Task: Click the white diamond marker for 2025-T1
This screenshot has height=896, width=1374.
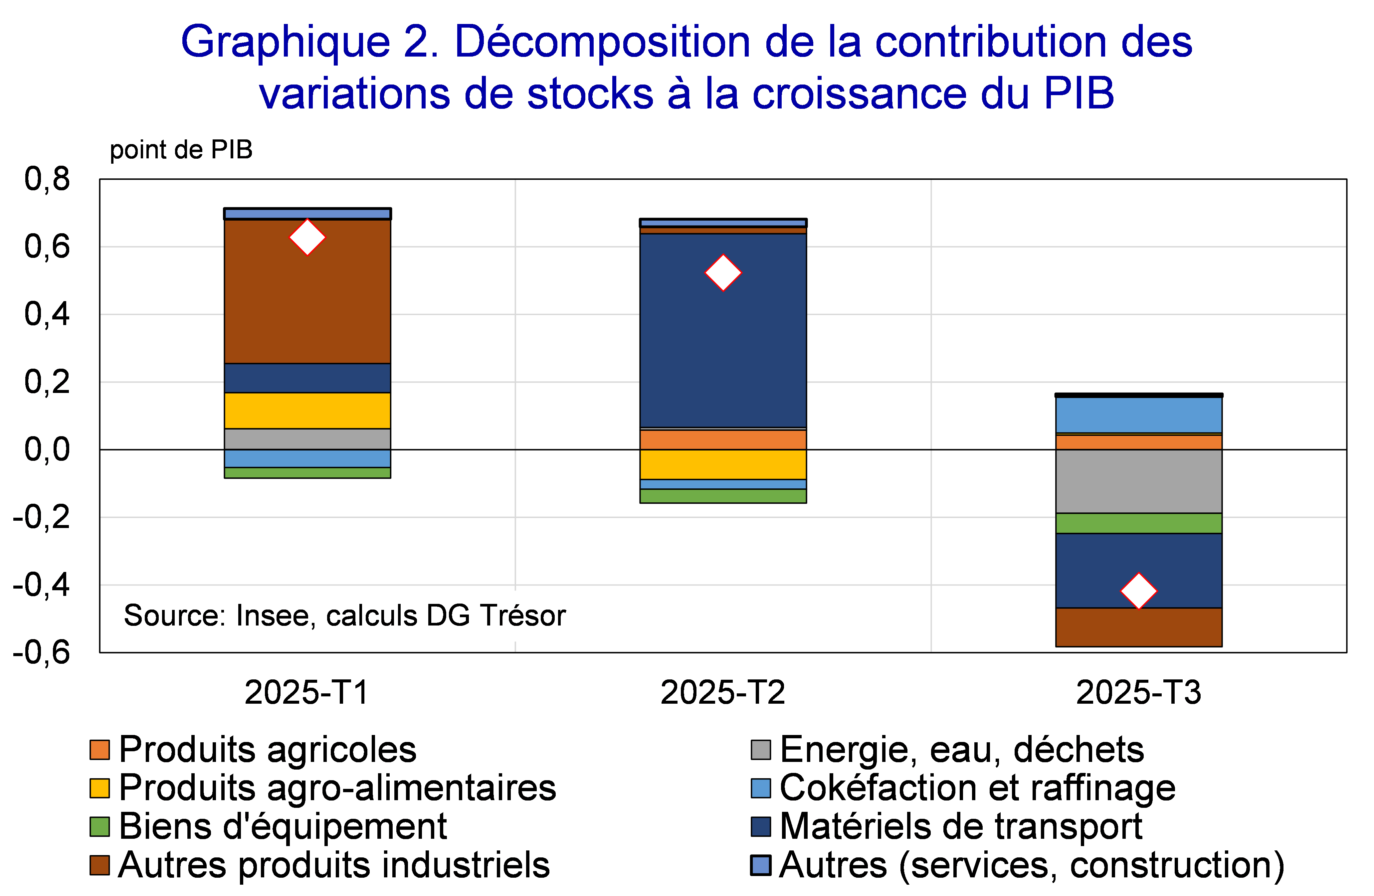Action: (x=307, y=237)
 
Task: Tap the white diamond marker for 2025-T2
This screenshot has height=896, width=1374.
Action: (x=723, y=272)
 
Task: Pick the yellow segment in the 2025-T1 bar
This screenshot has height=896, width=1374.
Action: (x=307, y=411)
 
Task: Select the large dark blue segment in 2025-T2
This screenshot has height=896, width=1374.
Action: (x=723, y=346)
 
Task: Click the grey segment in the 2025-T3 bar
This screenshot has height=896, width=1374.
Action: (x=1138, y=481)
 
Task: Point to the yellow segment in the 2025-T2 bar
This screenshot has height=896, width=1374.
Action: (x=723, y=464)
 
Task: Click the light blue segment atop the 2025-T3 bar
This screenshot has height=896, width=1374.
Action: (x=1138, y=415)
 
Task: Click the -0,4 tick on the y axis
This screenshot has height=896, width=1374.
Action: (x=42, y=585)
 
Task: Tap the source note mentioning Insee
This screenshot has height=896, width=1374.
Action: (x=345, y=616)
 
